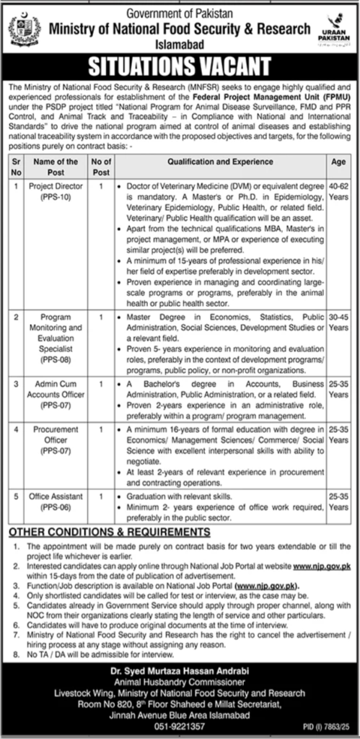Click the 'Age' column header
(338, 162)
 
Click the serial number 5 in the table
(16, 497)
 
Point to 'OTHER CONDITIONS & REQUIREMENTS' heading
(109, 532)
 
